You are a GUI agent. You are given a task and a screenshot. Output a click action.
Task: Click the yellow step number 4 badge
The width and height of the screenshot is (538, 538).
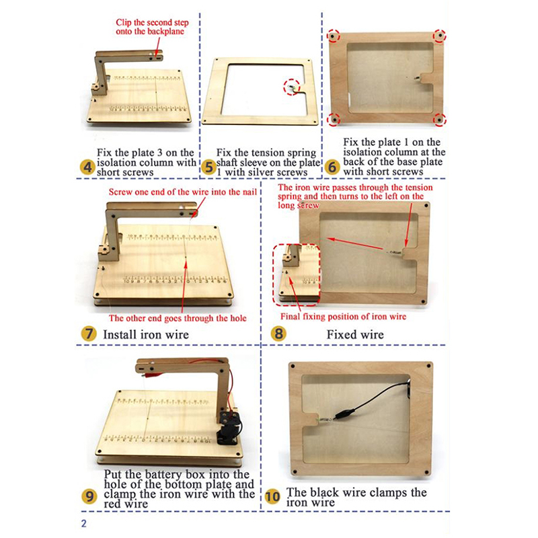87,167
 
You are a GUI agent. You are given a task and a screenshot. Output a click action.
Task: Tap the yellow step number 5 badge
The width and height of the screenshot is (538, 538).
208,167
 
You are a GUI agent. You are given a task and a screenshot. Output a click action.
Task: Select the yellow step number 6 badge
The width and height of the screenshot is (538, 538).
332,167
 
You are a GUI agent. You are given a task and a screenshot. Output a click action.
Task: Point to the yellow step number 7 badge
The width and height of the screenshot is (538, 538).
89,334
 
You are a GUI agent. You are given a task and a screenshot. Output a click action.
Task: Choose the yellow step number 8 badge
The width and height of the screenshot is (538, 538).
278,334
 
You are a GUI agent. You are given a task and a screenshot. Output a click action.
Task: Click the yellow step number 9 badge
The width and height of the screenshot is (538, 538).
89,496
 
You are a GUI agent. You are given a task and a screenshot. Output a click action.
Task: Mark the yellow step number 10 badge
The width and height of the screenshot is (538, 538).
273,497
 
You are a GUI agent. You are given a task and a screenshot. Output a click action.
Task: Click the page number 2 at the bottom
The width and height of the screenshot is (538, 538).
84,524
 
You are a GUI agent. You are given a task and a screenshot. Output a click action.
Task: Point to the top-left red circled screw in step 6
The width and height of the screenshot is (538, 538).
333,36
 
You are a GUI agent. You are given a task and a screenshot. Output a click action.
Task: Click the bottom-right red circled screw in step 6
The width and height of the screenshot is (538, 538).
439,120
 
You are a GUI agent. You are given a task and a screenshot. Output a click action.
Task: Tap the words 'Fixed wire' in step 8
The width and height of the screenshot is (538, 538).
355,334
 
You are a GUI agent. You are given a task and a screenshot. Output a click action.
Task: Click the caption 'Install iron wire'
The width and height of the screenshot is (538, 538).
146,334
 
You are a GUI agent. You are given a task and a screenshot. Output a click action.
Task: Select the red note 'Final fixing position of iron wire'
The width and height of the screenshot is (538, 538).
344,316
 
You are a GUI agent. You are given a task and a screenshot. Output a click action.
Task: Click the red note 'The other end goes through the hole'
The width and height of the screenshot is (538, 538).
178,318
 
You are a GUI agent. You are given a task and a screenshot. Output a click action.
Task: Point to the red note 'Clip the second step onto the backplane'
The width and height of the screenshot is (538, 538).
153,27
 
